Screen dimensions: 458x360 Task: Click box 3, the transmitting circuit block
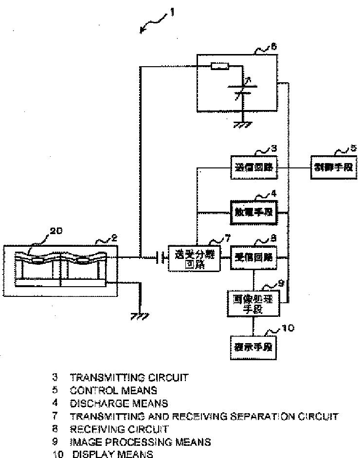click(253, 169)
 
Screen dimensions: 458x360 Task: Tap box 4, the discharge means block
click(253, 212)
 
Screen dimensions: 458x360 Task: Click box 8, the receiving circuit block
click(252, 257)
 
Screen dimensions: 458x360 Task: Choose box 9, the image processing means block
click(252, 304)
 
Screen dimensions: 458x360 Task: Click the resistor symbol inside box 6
click(219, 67)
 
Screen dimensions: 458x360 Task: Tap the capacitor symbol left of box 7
click(159, 257)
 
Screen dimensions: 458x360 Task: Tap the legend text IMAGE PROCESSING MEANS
click(140, 442)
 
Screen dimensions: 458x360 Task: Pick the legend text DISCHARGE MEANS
click(119, 403)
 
